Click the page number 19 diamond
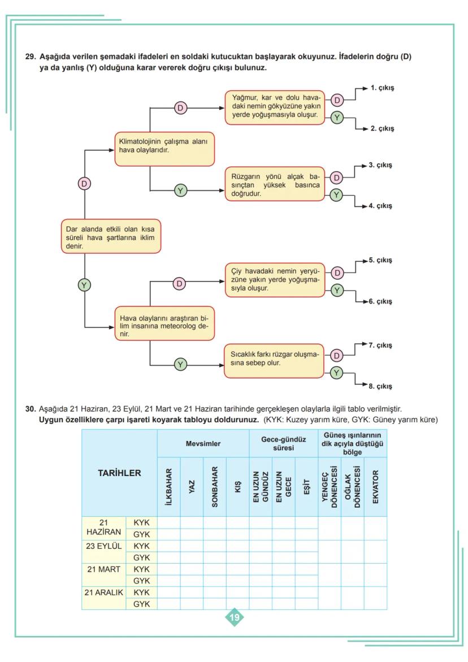tap(234, 617)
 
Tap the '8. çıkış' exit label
tap(382, 387)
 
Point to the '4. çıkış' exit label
tap(382, 206)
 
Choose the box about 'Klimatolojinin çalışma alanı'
tap(164, 149)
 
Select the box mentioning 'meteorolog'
tap(164, 323)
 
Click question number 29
tap(31, 57)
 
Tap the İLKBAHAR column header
tap(168, 487)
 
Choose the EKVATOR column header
tap(375, 487)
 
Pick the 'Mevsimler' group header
tap(203, 444)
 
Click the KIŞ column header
tap(237, 487)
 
